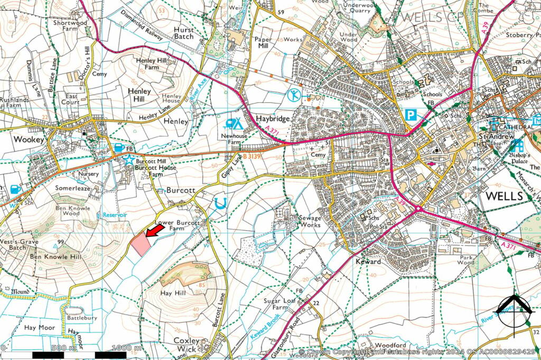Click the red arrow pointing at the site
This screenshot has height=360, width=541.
tap(154, 231)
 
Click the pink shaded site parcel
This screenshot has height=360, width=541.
tap(140, 243)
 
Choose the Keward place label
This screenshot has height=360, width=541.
tap(368, 261)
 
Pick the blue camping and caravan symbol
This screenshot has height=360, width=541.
tap(232, 124)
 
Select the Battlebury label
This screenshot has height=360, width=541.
tap(81, 318)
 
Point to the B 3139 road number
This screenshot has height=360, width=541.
tap(252, 157)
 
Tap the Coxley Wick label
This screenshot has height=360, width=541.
tap(186, 345)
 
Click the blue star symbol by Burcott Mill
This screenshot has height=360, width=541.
tap(129, 158)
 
